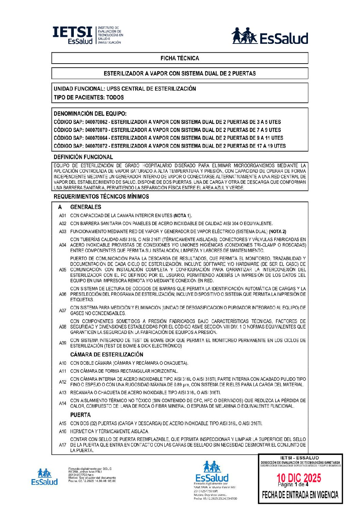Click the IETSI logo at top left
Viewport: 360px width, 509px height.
[87, 35]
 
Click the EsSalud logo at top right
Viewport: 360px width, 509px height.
[270, 36]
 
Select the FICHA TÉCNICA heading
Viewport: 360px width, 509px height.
[180, 58]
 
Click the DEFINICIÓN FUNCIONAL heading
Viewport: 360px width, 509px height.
[83, 157]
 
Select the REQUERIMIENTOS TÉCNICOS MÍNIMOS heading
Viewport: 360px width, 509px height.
[101, 197]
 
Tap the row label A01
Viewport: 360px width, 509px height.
[63, 216]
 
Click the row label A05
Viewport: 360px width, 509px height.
[63, 270]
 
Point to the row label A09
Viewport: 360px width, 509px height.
[63, 343]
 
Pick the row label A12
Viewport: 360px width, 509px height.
[63, 382]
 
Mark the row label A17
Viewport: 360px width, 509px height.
[63, 445]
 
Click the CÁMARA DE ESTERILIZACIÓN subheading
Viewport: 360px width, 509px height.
[107, 355]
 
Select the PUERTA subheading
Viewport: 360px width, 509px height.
[80, 415]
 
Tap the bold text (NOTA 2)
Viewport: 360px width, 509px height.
[277, 232]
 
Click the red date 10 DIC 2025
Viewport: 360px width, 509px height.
[299, 478]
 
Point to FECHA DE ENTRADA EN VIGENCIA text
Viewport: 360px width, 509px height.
[300, 495]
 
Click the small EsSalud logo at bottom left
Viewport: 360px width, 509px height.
[44, 477]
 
